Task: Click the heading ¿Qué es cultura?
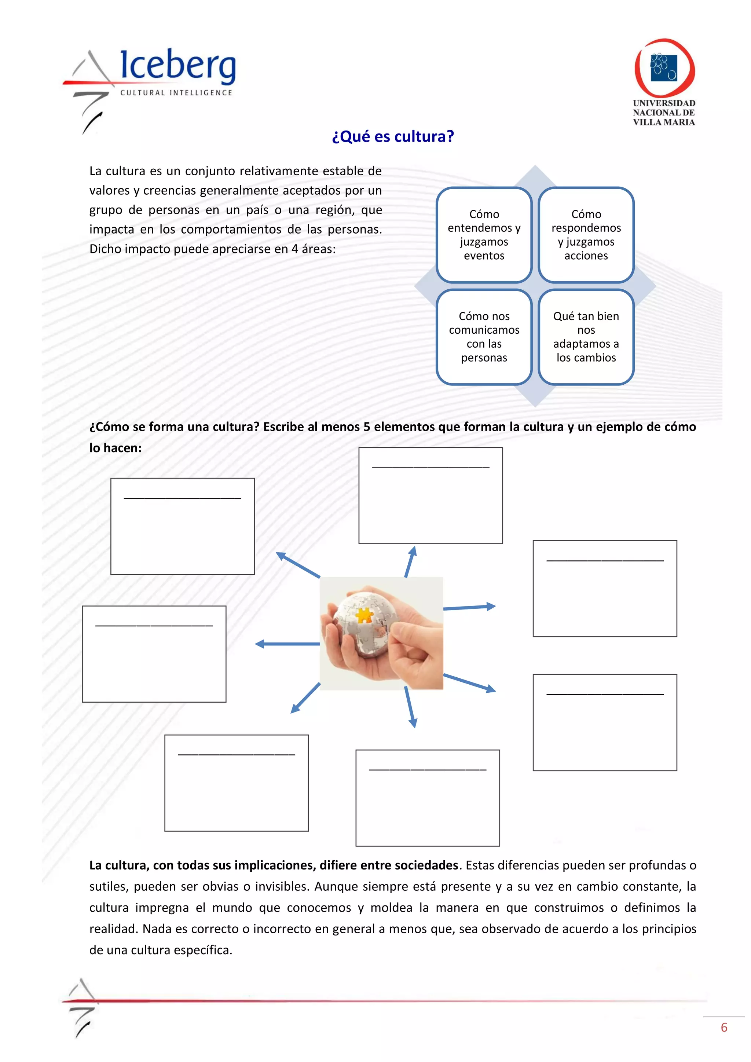tap(393, 136)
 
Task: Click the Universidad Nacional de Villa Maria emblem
tap(664, 69)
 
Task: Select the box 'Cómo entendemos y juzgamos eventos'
tap(484, 235)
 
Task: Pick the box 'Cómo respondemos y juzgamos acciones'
tap(586, 235)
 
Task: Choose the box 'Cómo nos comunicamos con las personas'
tap(484, 337)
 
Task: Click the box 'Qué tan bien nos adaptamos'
tap(586, 337)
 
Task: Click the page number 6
tap(724, 1027)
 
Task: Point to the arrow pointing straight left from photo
tap(287, 644)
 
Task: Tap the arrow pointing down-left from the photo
tap(305, 699)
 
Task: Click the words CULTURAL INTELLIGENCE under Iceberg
tap(176, 93)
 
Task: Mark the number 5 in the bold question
tap(366, 426)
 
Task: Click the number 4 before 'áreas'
tap(294, 249)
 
